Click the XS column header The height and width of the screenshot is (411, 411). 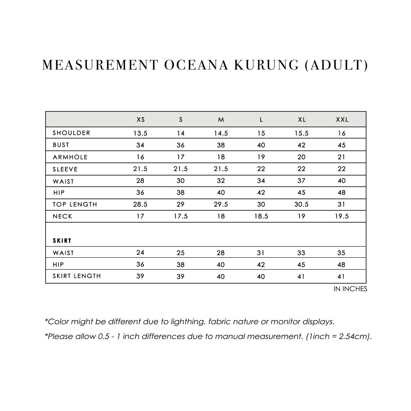tap(141, 120)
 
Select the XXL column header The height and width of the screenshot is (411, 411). tap(342, 120)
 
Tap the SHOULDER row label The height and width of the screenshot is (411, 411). tap(72, 133)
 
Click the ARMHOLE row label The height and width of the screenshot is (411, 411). tap(70, 157)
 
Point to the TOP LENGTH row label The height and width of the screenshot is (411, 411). tap(75, 205)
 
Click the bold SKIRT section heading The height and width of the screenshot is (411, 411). tap(62, 240)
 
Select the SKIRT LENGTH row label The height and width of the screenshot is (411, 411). tap(76, 276)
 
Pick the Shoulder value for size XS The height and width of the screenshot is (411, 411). tap(140, 133)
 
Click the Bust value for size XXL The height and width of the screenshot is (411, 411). tap(342, 145)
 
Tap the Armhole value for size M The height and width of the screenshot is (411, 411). tap(221, 157)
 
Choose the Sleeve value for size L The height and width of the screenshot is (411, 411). tap(261, 169)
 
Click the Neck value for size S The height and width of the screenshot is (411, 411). tap(180, 217)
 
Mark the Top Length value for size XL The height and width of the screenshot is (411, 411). tap(301, 205)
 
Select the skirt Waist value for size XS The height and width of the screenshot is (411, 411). tap(140, 253)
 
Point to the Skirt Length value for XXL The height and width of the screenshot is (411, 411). tap(341, 277)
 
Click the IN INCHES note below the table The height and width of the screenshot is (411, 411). tap(350, 289)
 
